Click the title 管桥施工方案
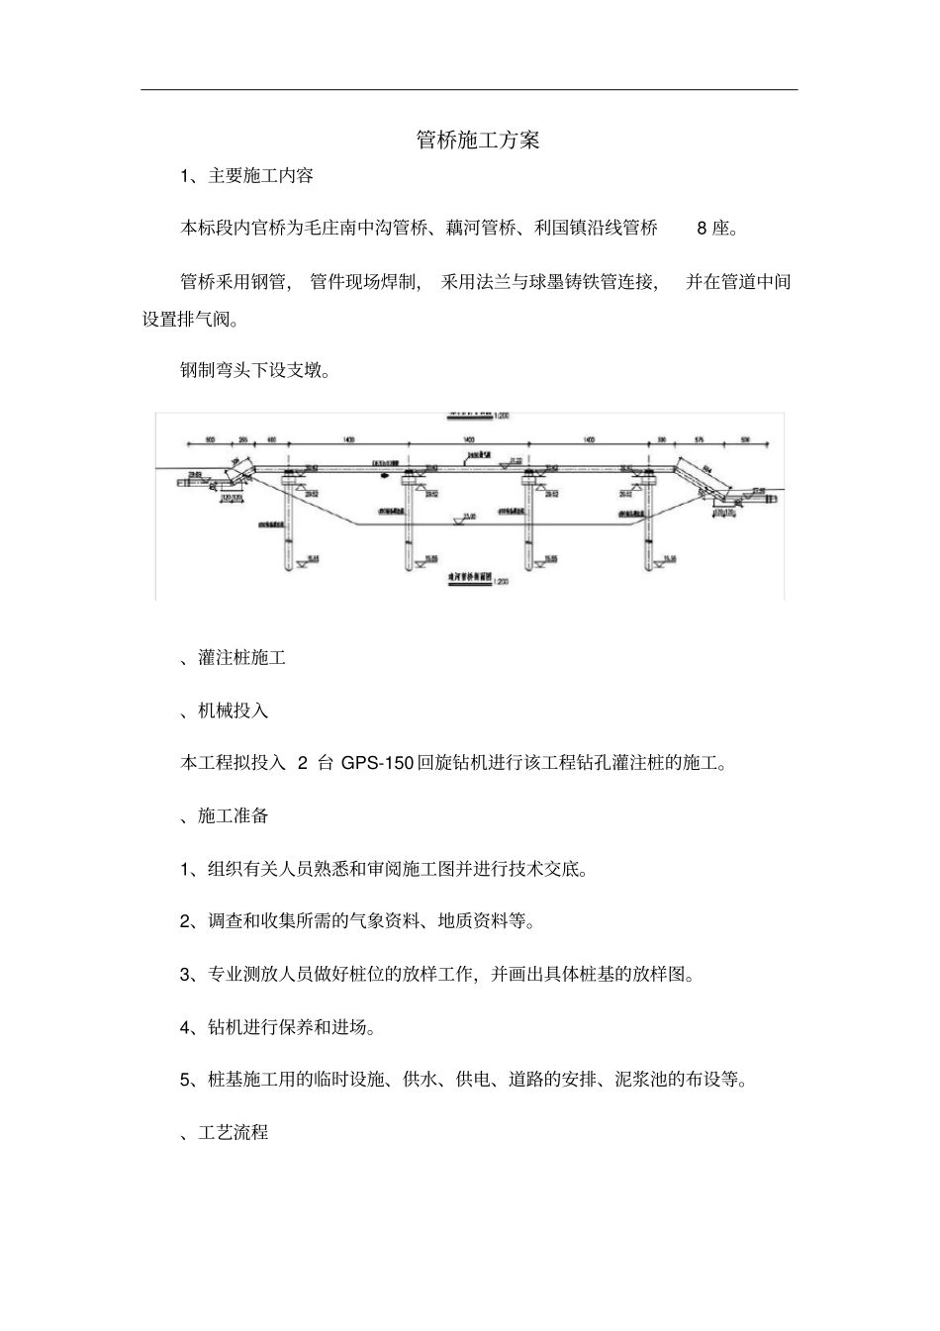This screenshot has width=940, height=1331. coord(478,141)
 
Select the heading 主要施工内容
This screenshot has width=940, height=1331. coord(261,176)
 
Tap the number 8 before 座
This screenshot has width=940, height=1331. coord(702,229)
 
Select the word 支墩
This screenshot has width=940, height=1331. coord(303,372)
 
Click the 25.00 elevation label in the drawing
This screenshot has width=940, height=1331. coord(469,516)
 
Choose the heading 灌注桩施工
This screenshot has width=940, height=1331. coord(241,658)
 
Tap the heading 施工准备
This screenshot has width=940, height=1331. coord(233,816)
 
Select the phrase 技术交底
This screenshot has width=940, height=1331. coord(545,870)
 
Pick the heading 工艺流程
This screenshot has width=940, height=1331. coord(233,1133)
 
